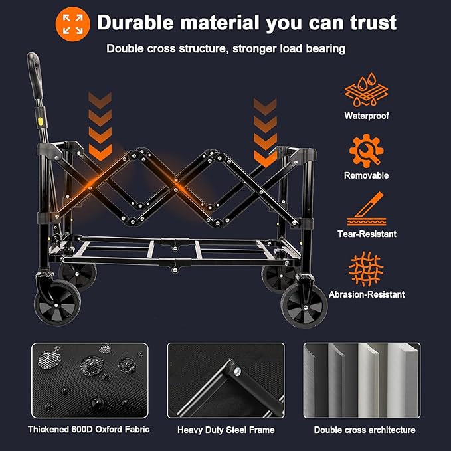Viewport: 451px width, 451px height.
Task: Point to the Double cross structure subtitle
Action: (225, 48)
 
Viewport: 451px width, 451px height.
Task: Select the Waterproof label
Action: (366, 116)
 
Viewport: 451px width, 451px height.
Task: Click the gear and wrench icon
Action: (366, 150)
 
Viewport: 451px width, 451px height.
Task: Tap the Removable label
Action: (366, 175)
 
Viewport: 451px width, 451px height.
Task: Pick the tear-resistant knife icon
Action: (366, 209)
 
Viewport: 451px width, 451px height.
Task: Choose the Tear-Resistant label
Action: (366, 234)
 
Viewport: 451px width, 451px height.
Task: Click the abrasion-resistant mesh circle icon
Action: (366, 268)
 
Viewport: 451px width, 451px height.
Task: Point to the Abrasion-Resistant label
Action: (366, 294)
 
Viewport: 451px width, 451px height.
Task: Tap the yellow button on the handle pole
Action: (42, 122)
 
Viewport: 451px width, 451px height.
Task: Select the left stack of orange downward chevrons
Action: (100, 125)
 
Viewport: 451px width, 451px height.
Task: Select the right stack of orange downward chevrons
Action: (265, 131)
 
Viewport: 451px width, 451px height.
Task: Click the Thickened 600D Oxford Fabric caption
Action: (88, 430)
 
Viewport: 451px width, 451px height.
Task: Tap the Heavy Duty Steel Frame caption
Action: (226, 430)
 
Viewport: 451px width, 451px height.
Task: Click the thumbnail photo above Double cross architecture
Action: (361, 380)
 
